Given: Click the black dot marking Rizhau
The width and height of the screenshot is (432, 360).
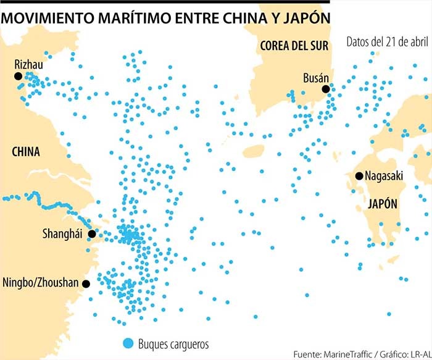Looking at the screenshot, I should click(x=18, y=76).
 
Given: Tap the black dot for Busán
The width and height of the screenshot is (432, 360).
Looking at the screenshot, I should click(x=325, y=89).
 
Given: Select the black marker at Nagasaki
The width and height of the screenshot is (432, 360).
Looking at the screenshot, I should click(x=359, y=176).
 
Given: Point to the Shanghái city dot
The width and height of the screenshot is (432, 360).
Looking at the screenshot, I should click(x=92, y=234).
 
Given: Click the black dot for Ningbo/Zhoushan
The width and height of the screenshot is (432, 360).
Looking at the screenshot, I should click(x=86, y=284).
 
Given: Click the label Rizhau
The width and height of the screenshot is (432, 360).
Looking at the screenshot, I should click(x=29, y=64).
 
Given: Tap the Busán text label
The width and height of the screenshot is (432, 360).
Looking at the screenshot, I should click(x=315, y=78).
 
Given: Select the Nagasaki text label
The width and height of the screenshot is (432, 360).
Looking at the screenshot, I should click(x=383, y=176).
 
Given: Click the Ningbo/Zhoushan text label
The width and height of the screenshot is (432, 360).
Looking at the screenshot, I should click(x=41, y=283).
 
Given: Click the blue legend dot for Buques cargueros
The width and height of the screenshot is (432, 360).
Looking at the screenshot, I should click(x=128, y=343).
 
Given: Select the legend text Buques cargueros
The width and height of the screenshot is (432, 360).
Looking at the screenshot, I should click(x=173, y=343).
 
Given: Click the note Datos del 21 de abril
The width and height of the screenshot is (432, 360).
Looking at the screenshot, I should click(x=388, y=42).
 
